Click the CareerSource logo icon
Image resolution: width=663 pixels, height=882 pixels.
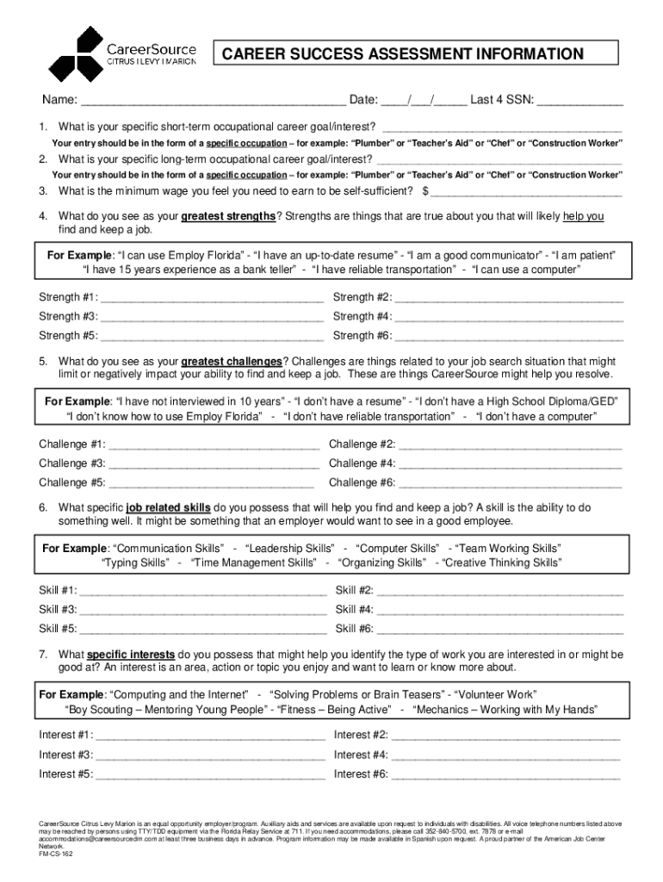[76, 53]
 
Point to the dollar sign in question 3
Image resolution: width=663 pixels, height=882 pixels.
[425, 190]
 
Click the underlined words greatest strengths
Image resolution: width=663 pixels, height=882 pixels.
[228, 216]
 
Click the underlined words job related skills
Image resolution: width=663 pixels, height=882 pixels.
[168, 507]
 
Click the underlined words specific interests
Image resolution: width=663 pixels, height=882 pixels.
[131, 654]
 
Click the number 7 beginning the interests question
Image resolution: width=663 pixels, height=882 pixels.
[42, 654]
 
